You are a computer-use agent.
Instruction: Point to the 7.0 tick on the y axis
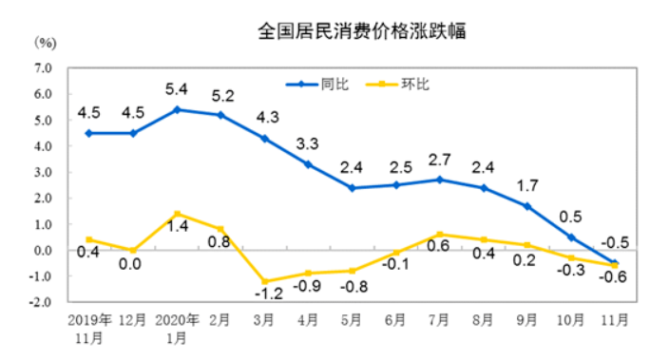point(43,68)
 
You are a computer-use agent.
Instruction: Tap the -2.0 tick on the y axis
point(41,302)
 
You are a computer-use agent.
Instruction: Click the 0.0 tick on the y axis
point(43,251)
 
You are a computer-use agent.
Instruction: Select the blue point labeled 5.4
point(177,109)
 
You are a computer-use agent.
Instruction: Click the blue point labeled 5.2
point(221,115)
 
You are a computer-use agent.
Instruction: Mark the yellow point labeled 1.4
point(177,214)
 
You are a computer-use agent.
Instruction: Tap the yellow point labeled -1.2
point(265,282)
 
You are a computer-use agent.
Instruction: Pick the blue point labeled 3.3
point(309,164)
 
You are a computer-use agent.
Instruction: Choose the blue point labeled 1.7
point(527,206)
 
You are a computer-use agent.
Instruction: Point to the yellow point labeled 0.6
point(440,235)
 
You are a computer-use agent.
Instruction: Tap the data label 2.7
point(440,160)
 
